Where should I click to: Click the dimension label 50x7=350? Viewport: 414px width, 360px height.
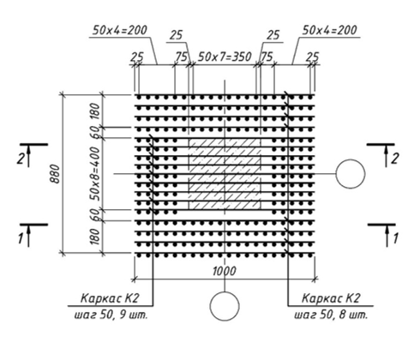[x=225, y=57]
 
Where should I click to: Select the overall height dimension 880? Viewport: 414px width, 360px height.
[x=55, y=174]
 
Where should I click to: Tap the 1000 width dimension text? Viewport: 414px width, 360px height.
[x=225, y=271]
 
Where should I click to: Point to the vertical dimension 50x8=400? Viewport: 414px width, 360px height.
[x=96, y=174]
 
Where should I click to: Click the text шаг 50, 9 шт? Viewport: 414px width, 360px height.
[x=111, y=315]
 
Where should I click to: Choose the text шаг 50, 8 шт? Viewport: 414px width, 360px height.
[x=331, y=315]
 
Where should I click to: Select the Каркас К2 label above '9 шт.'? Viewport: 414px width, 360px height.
[x=110, y=298]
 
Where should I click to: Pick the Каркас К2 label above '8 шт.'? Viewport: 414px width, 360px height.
[x=331, y=298]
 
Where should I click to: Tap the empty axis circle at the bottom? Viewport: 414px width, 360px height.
[x=225, y=292]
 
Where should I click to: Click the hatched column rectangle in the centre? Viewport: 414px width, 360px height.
[x=225, y=174]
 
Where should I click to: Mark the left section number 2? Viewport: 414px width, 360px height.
[x=20, y=159]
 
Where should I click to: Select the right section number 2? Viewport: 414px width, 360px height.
[x=394, y=159]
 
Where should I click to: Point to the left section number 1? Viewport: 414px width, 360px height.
[x=21, y=238]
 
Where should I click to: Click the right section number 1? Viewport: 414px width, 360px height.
[x=395, y=238]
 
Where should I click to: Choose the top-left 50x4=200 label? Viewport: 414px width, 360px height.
[x=120, y=30]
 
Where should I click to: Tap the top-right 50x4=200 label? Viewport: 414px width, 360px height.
[x=329, y=30]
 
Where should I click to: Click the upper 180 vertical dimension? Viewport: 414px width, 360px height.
[x=96, y=111]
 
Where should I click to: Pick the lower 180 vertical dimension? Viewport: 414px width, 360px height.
[x=96, y=237]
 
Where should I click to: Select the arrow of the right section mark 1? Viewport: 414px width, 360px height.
[x=387, y=236]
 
